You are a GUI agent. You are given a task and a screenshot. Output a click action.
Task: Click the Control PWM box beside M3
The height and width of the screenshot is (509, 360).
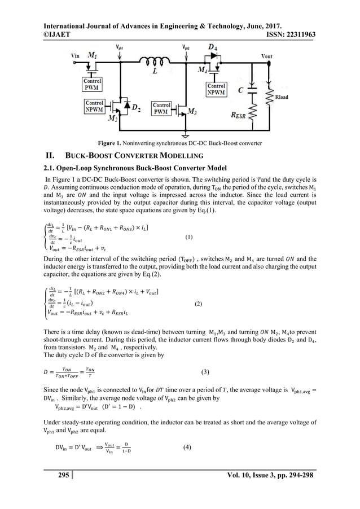tap(162, 108)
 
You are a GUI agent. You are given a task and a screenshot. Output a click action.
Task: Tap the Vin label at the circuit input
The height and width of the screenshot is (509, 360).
tap(74, 56)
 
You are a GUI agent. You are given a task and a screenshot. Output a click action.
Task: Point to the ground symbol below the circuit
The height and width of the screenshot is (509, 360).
tap(186, 134)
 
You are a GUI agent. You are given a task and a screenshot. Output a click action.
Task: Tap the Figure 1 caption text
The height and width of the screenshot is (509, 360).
tap(180, 143)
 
